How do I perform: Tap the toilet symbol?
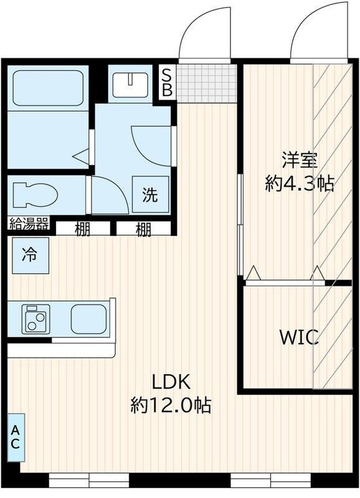[x=34, y=195]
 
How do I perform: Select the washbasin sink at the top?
[x=130, y=83]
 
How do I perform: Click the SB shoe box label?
[x=167, y=82]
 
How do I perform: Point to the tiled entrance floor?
[x=207, y=82]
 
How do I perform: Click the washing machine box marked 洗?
[x=150, y=195]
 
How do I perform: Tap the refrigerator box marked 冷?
[x=29, y=255]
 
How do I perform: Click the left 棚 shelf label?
[x=83, y=229]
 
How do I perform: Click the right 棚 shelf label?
[x=144, y=229]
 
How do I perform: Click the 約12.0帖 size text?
[x=171, y=405]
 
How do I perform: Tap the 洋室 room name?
[x=299, y=160]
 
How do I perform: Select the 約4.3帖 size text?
[x=299, y=184]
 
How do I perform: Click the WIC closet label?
[x=299, y=338]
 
